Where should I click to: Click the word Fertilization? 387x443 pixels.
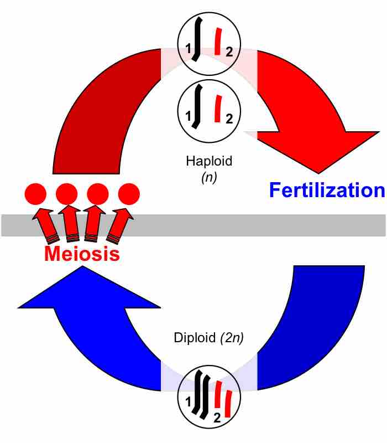point(326,190)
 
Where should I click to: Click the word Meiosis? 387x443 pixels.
point(82,254)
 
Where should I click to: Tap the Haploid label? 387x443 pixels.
point(210,161)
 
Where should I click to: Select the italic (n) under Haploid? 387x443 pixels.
point(209,179)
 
